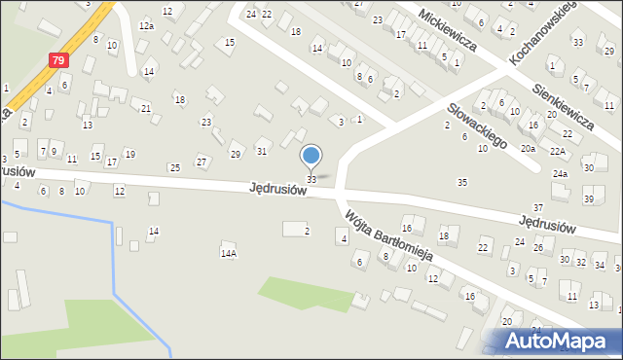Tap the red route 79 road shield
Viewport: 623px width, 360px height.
(58, 60)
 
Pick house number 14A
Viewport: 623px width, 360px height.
(228, 253)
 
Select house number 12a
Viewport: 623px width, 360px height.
(146, 25)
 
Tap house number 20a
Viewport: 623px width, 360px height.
(527, 149)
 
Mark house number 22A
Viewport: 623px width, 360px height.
(557, 151)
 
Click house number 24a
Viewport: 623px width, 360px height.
(560, 173)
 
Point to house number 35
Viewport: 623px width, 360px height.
(462, 182)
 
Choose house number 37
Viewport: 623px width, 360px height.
(537, 208)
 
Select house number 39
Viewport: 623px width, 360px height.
(588, 198)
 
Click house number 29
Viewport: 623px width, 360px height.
(235, 155)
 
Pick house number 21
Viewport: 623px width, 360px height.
(145, 108)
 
